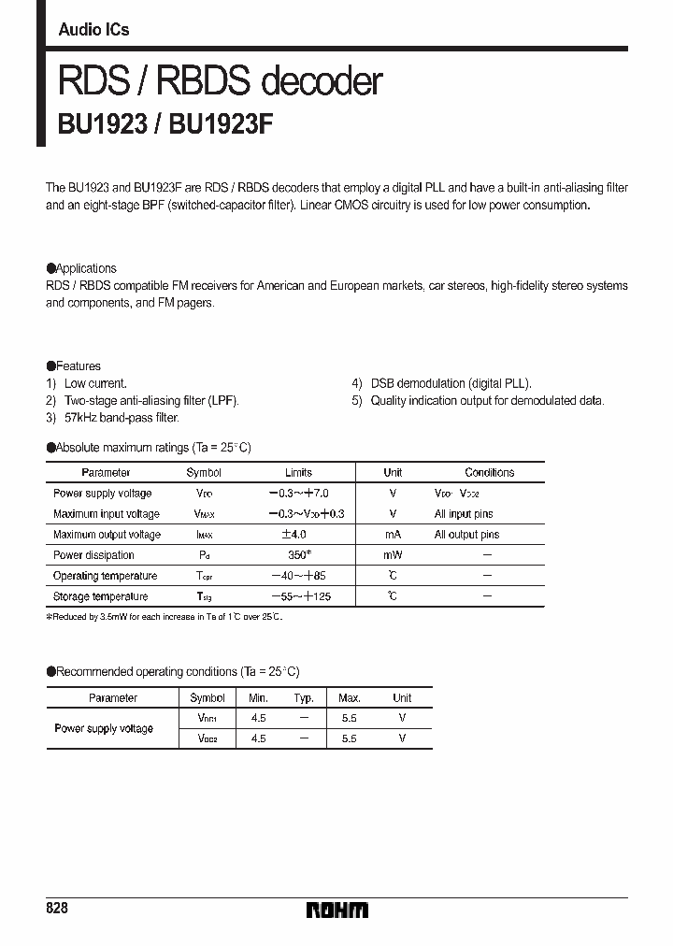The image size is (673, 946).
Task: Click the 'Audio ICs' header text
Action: click(x=93, y=30)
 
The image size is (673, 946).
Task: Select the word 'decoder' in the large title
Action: click(x=322, y=82)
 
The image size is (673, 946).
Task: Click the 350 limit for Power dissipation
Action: click(x=298, y=555)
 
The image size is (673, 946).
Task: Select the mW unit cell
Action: click(x=393, y=555)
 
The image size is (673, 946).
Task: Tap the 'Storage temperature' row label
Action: click(x=100, y=596)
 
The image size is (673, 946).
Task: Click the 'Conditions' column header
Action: click(x=489, y=473)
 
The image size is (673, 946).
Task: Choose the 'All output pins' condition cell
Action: click(x=466, y=535)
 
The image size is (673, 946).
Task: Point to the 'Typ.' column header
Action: click(x=304, y=698)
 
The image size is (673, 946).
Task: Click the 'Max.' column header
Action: click(x=350, y=698)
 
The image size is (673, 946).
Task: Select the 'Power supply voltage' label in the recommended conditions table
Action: click(x=104, y=728)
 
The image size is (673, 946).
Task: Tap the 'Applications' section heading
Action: click(x=86, y=268)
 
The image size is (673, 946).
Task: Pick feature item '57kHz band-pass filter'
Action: click(x=122, y=418)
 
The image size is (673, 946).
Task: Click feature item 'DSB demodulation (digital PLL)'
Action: click(x=451, y=383)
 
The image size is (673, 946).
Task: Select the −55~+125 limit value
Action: click(x=299, y=596)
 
